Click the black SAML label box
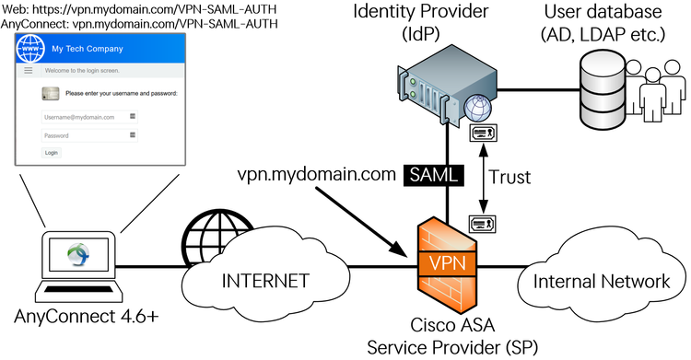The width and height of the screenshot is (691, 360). pos(432,173)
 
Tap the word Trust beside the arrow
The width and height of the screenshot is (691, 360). pos(511,175)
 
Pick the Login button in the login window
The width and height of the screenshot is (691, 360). pos(52,152)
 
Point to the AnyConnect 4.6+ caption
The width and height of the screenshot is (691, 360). pos(87,317)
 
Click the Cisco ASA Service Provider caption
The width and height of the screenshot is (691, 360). pos(446,337)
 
